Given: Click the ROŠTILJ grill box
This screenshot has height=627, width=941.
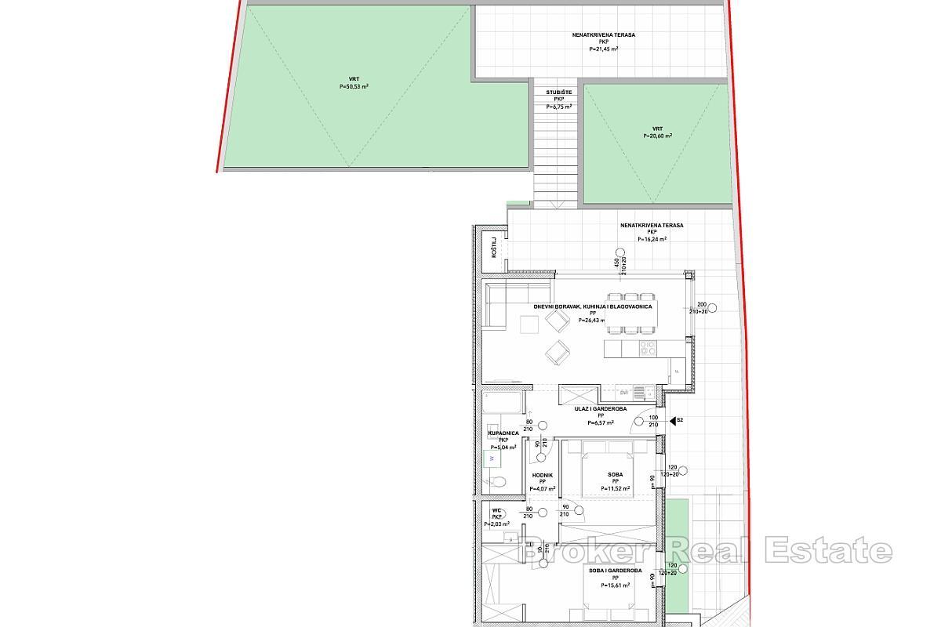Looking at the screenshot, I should click(x=494, y=248).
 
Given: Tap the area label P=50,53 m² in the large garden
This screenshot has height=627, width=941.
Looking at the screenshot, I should click(x=349, y=86).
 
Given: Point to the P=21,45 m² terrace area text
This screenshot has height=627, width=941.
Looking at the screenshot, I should click(x=603, y=49).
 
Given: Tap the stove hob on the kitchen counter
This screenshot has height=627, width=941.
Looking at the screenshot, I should click(x=647, y=347).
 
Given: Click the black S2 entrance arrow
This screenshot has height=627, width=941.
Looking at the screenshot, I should click(x=672, y=421).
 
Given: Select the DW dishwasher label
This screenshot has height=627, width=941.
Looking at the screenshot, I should click(x=624, y=392).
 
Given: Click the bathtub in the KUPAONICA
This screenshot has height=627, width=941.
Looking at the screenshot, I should click(x=501, y=403).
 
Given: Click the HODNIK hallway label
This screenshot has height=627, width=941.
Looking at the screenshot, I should click(x=542, y=475).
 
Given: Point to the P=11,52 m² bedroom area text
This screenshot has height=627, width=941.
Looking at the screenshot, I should click(x=616, y=488).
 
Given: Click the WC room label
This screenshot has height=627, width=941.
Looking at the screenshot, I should click(x=496, y=511).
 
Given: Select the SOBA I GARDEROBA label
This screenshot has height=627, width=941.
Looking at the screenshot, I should click(x=616, y=571).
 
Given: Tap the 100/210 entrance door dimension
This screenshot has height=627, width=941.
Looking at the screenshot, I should click(x=652, y=421).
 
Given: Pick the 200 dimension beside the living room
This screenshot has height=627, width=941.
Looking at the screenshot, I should click(x=701, y=304).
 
